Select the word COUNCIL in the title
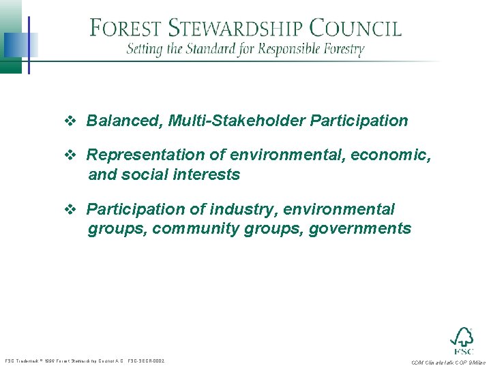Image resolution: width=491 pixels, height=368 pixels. click(355, 29)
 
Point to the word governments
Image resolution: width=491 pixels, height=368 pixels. click(360, 229)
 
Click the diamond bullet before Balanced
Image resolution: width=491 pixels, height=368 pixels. click(70, 122)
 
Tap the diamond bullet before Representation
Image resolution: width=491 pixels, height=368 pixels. click(70, 156)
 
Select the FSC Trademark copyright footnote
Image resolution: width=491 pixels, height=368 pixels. click(85, 361)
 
